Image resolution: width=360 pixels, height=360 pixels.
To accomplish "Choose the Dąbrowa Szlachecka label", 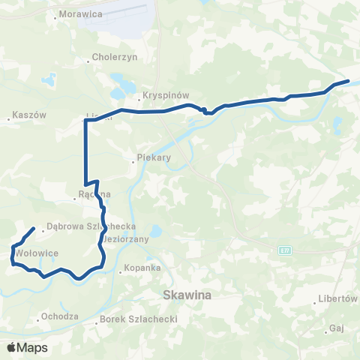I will click(90, 225).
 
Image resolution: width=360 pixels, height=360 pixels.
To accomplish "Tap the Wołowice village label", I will click(37, 253).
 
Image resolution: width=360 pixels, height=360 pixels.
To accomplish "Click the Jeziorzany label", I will click(127, 238).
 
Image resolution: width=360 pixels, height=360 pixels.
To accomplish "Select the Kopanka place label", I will click(143, 267).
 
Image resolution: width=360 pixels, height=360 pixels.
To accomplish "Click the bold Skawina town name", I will click(187, 295).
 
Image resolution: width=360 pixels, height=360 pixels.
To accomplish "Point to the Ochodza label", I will click(60, 316).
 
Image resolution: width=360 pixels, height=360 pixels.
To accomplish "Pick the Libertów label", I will click(337, 298).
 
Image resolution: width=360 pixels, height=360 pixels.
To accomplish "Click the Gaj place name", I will click(336, 328).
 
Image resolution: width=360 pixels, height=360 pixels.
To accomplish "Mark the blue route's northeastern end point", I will click(348, 81).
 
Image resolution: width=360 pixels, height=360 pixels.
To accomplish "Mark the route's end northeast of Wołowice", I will click(34, 228).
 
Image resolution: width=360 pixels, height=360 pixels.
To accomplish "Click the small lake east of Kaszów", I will click(49, 78).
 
